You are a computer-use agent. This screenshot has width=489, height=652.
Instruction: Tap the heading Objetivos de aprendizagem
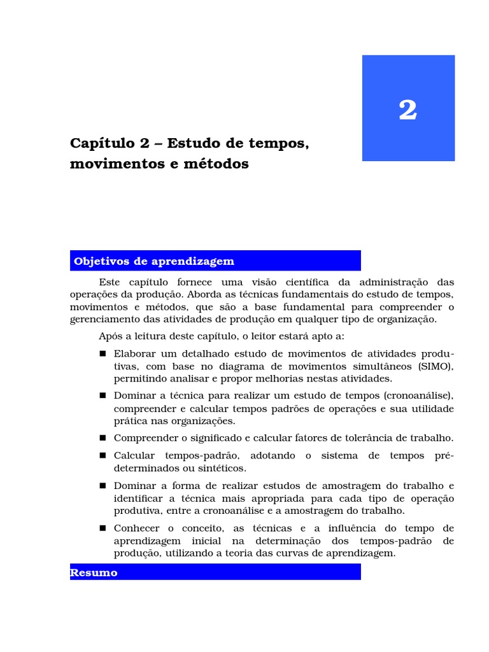pos(154,261)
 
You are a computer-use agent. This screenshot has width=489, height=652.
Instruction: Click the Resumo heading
pos(94,572)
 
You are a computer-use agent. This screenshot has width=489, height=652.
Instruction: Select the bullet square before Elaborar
pos(103,353)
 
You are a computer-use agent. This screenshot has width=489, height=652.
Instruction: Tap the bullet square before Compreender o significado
pos(103,438)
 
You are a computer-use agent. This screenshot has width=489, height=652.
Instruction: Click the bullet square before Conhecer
pos(103,528)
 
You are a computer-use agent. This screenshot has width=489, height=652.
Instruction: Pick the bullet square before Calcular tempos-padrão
pos(103,456)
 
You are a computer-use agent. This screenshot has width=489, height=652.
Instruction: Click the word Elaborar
pos(134,353)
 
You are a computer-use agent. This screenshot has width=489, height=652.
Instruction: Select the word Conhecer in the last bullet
pos(136,528)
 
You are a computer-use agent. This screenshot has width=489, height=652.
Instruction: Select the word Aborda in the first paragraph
pos(203,294)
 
